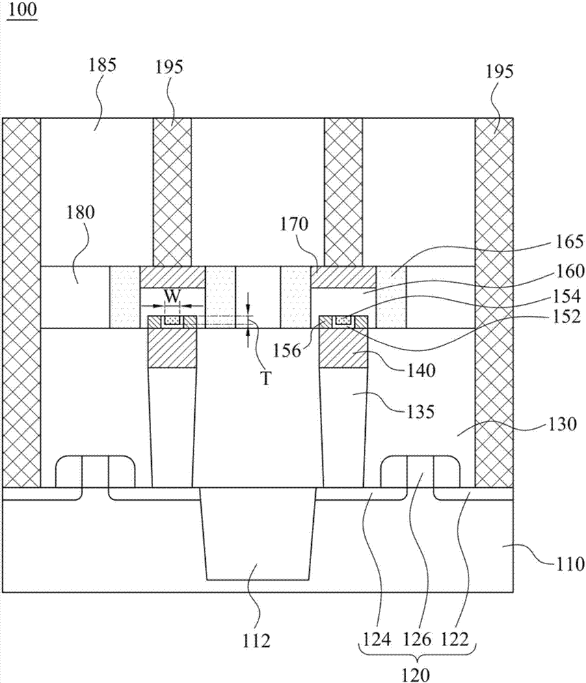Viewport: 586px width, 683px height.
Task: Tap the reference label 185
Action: (x=102, y=66)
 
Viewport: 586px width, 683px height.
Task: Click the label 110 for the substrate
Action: (x=569, y=564)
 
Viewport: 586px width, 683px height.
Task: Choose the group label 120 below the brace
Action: (x=416, y=675)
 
